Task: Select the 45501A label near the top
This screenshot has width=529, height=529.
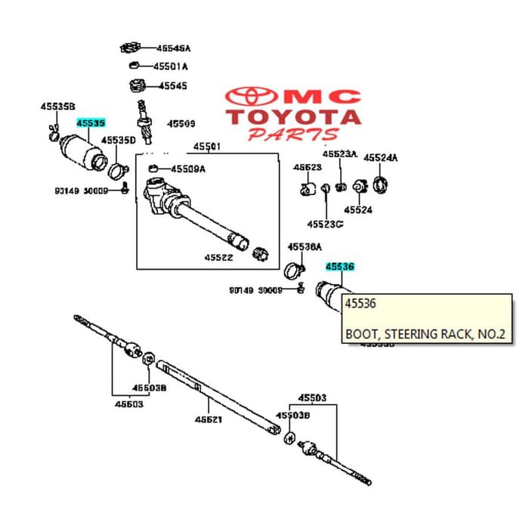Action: [x=171, y=67]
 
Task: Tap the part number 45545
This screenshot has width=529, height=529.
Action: [x=172, y=86]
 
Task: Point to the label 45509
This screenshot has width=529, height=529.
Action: [x=181, y=123]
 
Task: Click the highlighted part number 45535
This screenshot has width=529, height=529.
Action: [x=90, y=122]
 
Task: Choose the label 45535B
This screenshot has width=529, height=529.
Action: [x=57, y=107]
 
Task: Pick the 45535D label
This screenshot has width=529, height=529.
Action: [x=119, y=141]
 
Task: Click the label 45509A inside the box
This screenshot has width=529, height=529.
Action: [x=187, y=169]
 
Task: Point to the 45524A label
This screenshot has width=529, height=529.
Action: [x=380, y=158]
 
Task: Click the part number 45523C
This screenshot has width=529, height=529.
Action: [x=325, y=224]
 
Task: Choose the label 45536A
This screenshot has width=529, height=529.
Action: [x=305, y=246]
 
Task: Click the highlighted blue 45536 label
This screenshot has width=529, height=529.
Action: [x=339, y=267]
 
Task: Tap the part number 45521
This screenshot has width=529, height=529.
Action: [x=208, y=419]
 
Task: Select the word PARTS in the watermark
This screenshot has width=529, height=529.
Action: [x=293, y=135]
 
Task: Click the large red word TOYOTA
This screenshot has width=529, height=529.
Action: [x=295, y=117]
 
